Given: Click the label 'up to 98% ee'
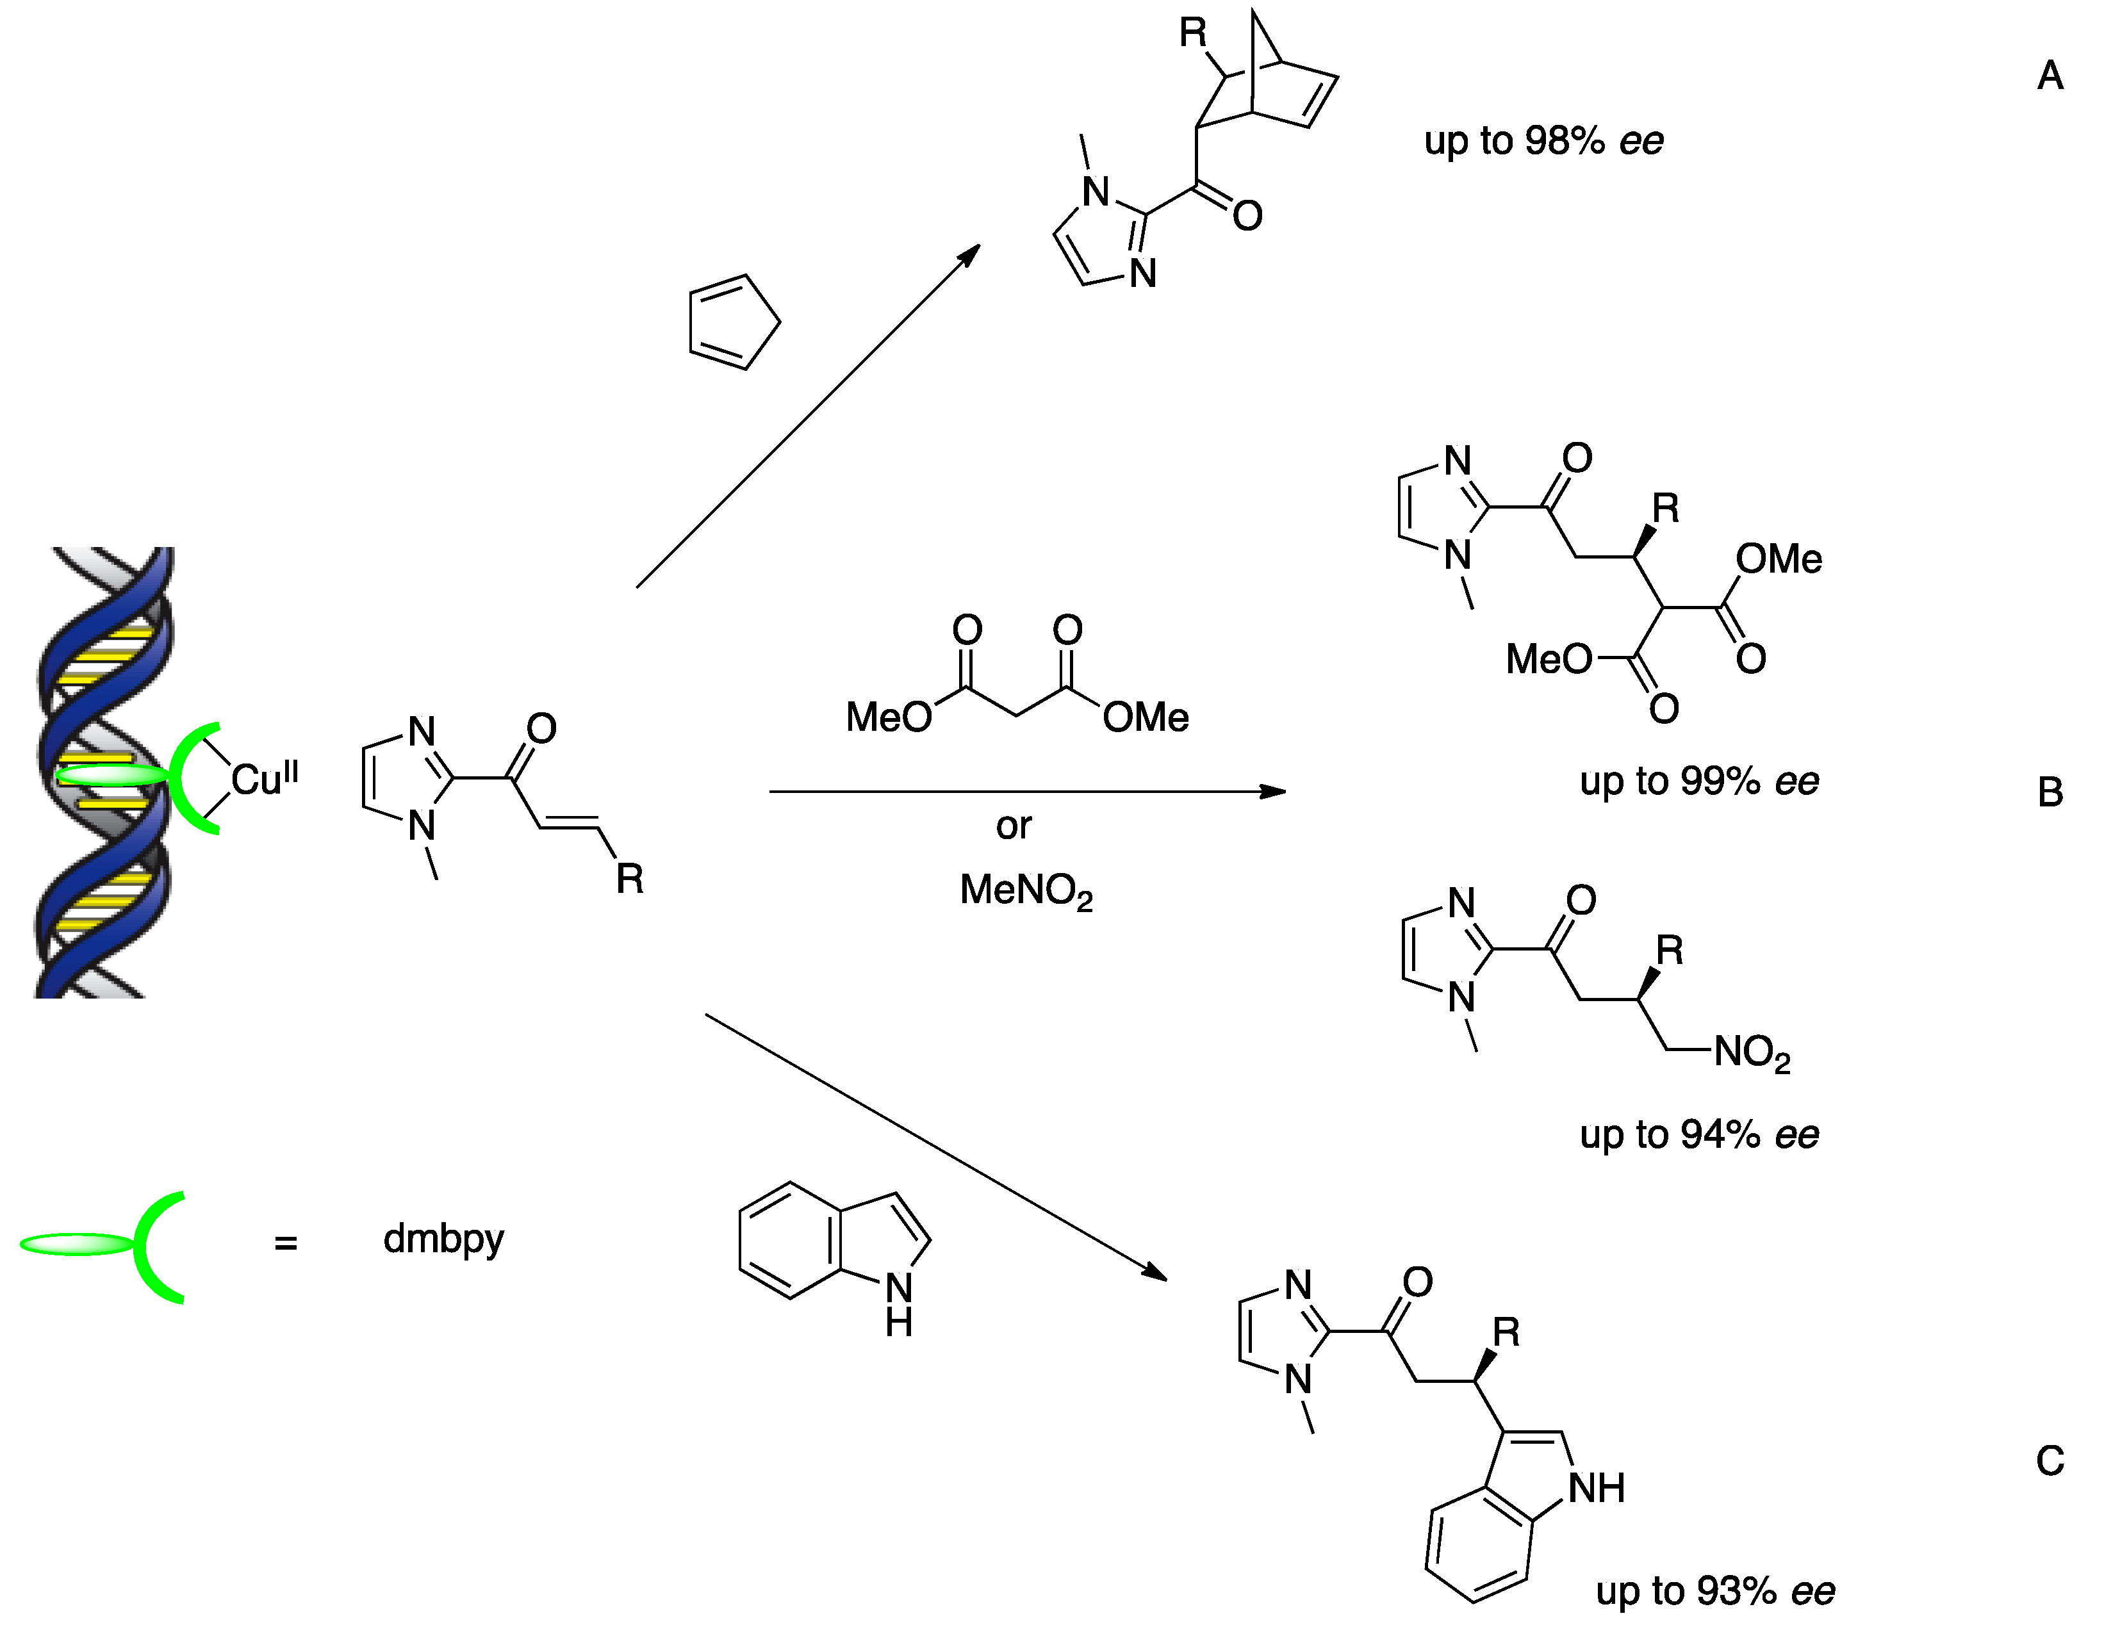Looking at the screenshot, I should click(1543, 142).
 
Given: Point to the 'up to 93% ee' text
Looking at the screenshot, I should click(1715, 1591).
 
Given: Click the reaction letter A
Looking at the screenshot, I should click(2050, 75).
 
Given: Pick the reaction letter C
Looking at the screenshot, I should click(2050, 1461).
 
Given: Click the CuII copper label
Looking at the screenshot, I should click(264, 778).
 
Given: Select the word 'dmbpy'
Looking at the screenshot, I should click(443, 1239).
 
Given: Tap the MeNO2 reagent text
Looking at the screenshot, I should click(1026, 890).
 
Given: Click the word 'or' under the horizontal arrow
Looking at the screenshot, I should click(1014, 826).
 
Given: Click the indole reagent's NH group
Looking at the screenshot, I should click(899, 1305).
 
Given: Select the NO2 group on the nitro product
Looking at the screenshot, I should click(1752, 1053).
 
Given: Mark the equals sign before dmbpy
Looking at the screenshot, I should click(285, 1243).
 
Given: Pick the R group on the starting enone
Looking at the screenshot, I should click(629, 879).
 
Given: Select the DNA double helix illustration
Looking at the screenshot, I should click(104, 771).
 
